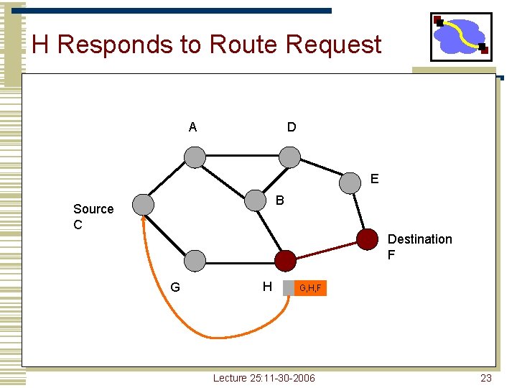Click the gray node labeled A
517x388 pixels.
[x=194, y=157]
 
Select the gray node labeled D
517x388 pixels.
[x=289, y=157]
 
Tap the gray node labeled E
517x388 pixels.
[x=350, y=183]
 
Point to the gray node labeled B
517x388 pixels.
[x=255, y=200]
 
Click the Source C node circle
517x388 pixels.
[x=144, y=205]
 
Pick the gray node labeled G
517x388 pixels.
[x=194, y=261]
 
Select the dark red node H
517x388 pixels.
[x=285, y=261]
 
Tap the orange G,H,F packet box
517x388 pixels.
[x=311, y=288]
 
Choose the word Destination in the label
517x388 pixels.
[x=419, y=239]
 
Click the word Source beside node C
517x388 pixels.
[x=93, y=209]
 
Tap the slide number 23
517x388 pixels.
[x=486, y=378]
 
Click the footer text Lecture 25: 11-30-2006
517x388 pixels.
[x=264, y=378]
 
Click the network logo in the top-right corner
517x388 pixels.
[x=461, y=37]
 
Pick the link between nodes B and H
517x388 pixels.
[x=270, y=231]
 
